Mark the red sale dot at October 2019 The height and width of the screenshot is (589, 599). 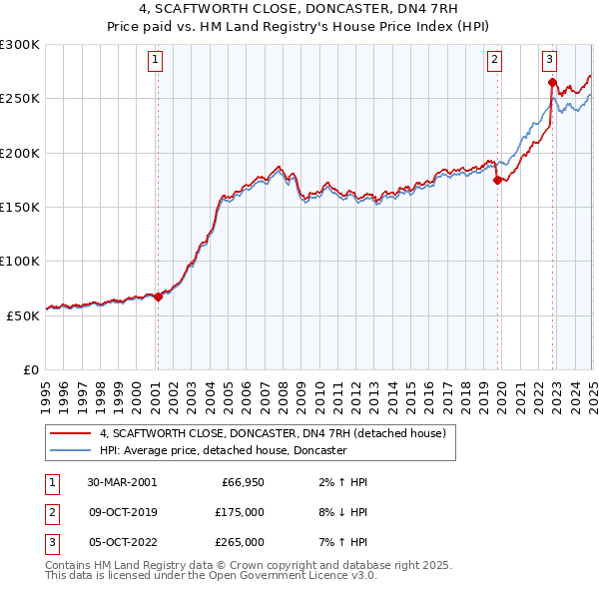498,180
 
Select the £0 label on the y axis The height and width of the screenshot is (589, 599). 31,369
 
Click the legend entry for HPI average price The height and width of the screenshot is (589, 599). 223,450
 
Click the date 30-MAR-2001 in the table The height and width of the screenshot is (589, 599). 122,482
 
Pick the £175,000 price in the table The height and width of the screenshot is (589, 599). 241,512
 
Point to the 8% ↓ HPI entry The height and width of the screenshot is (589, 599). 339,512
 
